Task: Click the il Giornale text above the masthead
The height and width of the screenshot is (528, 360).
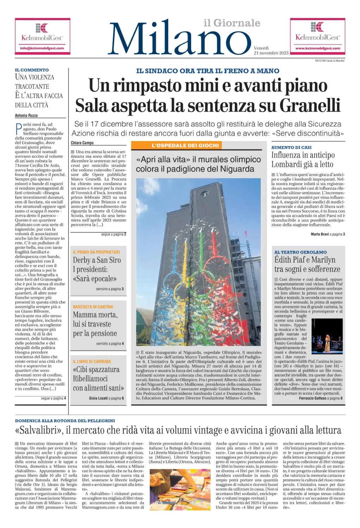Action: tap(232, 23)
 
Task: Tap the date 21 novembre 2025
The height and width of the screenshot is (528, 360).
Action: tap(271, 53)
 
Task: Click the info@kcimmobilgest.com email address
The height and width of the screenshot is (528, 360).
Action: tap(42, 48)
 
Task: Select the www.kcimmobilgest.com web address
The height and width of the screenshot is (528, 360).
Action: tap(317, 48)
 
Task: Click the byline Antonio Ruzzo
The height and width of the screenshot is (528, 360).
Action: tap(26, 115)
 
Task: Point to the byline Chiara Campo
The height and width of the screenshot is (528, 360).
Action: tap(82, 143)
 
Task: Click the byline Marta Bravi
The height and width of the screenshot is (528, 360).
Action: tap(320, 234)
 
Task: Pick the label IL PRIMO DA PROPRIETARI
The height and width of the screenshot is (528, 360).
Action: tap(96, 252)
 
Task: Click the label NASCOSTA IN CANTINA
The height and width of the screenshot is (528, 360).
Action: tap(93, 307)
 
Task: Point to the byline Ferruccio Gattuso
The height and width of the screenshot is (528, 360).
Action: tap(312, 398)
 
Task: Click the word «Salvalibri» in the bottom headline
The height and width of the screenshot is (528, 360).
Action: tap(39, 430)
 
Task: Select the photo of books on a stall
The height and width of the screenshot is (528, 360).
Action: tap(180, 490)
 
